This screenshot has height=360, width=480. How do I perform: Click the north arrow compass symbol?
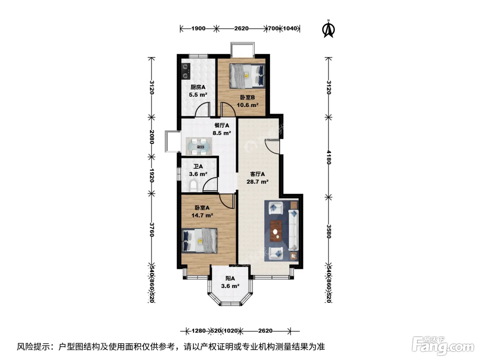(x=328, y=29)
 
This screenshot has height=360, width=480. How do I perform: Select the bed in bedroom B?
(x=247, y=76)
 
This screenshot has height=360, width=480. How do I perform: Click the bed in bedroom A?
(x=199, y=241)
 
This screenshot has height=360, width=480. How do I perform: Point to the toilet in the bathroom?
(x=193, y=186)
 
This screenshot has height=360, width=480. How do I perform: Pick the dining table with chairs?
(x=199, y=146)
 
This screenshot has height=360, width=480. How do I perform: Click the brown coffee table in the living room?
(x=276, y=231)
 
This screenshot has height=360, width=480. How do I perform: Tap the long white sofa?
(x=293, y=230)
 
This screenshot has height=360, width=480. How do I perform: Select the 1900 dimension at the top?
(x=198, y=28)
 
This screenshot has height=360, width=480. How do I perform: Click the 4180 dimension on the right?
(x=329, y=157)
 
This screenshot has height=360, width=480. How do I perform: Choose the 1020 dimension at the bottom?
(x=230, y=331)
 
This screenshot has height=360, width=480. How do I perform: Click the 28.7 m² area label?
(x=257, y=182)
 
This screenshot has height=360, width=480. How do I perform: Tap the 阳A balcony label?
(x=230, y=278)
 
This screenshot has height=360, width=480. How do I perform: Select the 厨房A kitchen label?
(x=198, y=87)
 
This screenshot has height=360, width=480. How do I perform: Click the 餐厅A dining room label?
(x=222, y=125)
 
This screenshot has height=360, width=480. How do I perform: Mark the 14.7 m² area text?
(x=202, y=215)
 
